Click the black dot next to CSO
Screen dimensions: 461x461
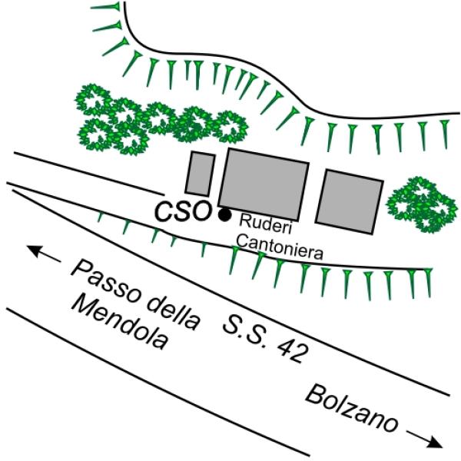pyautogui.click(x=225, y=214)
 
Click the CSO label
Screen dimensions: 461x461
pyautogui.click(x=183, y=211)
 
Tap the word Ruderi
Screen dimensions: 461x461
pyautogui.click(x=265, y=224)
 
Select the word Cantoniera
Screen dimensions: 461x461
pyautogui.click(x=280, y=248)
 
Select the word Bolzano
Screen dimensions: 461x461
pyautogui.click(x=352, y=409)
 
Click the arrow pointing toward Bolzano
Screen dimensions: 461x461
pyautogui.click(x=424, y=439)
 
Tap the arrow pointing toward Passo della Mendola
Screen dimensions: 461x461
pyautogui.click(x=44, y=254)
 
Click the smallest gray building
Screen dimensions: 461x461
pyautogui.click(x=200, y=174)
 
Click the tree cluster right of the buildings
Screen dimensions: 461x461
pyautogui.click(x=422, y=204)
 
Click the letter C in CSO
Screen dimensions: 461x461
pyautogui.click(x=164, y=212)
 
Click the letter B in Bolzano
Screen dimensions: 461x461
pyautogui.click(x=314, y=395)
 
